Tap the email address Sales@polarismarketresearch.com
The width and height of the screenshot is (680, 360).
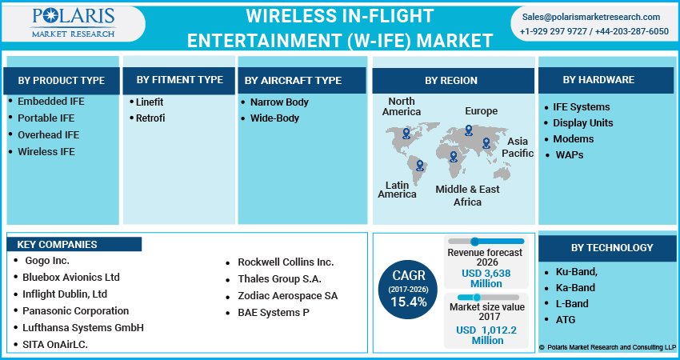(591, 17)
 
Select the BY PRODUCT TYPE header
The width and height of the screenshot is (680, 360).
(62, 80)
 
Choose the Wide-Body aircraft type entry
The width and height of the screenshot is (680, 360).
(274, 118)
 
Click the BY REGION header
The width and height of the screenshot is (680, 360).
(451, 80)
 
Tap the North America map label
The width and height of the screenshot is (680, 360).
(402, 106)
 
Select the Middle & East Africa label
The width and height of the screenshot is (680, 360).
(468, 195)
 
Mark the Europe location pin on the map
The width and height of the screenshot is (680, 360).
(469, 130)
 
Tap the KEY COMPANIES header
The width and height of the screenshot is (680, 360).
(57, 245)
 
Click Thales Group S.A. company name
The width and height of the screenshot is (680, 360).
(279, 279)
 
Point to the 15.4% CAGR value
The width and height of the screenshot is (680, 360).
(409, 302)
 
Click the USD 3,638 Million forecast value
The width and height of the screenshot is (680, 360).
(486, 278)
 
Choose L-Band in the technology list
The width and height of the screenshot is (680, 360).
(572, 304)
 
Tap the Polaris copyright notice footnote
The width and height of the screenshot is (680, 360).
(607, 347)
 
